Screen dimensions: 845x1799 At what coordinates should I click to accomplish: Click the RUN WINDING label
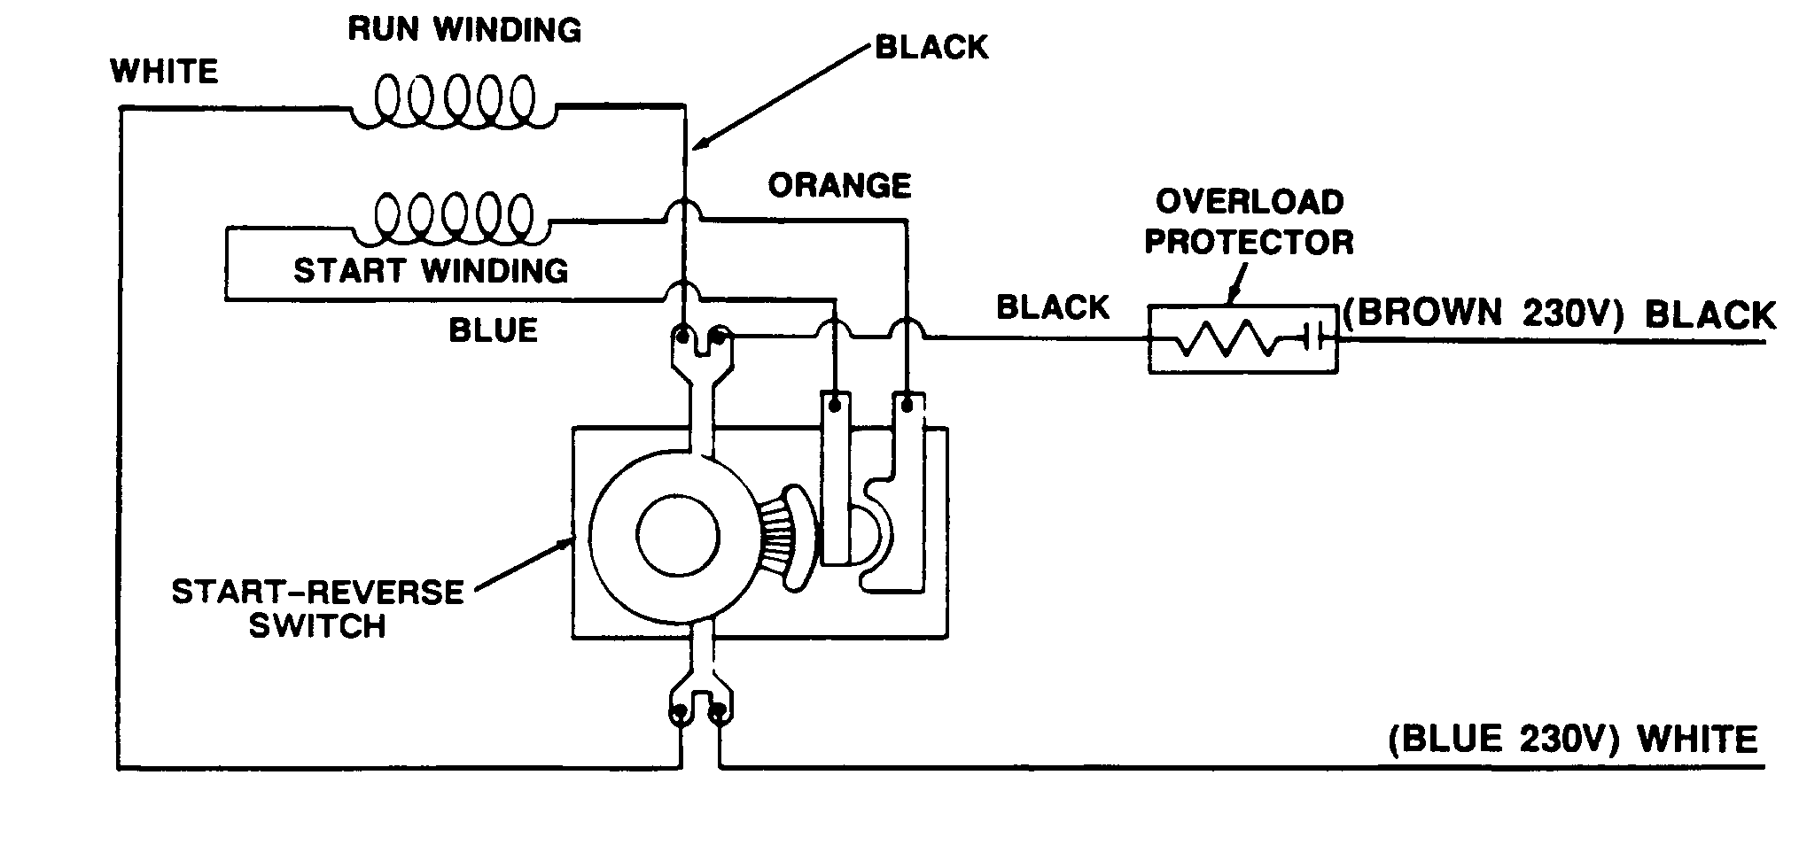pos(463,29)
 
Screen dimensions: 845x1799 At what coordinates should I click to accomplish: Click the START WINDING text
pos(431,270)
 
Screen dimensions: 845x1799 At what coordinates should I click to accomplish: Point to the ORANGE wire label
pos(838,186)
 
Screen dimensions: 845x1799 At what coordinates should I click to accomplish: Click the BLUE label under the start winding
pos(493,330)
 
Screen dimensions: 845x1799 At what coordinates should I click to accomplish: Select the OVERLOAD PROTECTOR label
pos(1249,221)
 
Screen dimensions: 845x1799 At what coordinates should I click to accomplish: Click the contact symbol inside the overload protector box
pos(1312,337)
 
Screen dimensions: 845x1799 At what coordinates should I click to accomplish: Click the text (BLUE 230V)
pos(1497,739)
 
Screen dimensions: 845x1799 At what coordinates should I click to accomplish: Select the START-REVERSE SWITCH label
pos(317,608)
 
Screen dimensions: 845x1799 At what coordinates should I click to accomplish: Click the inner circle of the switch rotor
pos(678,536)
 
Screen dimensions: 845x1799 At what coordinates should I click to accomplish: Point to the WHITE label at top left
pos(164,71)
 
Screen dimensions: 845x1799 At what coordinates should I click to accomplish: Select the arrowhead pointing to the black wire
pos(700,143)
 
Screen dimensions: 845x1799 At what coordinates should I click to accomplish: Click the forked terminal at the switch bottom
pos(701,700)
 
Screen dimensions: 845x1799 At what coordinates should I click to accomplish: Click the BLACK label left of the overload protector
pos(1052,307)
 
